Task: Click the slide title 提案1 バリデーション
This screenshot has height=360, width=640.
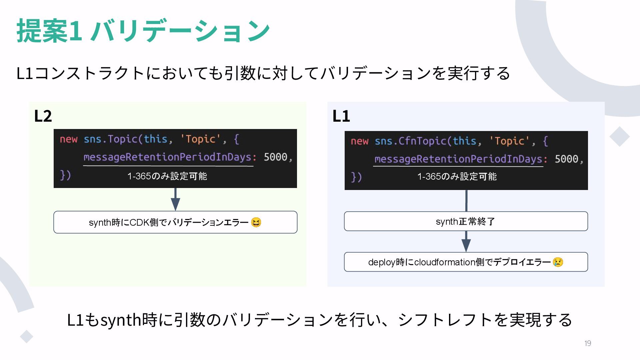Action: pos(143,31)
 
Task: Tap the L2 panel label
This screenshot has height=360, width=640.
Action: pos(43,116)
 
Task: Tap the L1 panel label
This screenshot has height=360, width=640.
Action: pos(341,116)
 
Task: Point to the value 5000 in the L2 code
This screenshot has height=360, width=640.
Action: pos(275,157)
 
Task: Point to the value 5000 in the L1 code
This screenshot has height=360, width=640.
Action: pos(566,159)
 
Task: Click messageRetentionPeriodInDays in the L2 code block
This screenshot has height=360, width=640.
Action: pos(168,157)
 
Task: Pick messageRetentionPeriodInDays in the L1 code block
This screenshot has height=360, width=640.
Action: pos(459,159)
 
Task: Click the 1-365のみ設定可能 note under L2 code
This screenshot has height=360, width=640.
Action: pos(167,176)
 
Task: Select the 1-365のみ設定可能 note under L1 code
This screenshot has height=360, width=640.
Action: pos(457,177)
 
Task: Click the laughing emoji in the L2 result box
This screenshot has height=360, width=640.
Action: pos(256,222)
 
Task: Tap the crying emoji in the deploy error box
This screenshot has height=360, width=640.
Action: pos(558,262)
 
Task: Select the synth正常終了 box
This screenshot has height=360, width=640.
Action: pos(466,221)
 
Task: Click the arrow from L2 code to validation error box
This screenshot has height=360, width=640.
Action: pos(175,199)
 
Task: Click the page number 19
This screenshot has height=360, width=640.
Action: pos(588,343)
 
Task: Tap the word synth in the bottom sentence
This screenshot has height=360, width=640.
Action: pos(121,320)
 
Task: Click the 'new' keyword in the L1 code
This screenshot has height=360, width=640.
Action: pos(359,141)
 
